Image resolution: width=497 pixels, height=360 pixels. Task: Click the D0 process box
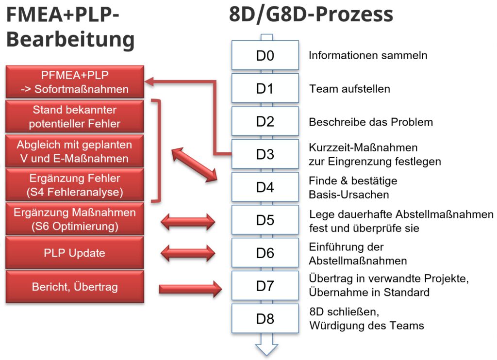tap(265, 55)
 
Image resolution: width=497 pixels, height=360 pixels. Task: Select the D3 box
tap(265, 154)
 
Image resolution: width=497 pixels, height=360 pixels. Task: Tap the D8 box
tap(265, 319)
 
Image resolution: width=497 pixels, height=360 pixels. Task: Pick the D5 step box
tap(265, 220)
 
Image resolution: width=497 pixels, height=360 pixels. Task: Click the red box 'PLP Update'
tap(75, 253)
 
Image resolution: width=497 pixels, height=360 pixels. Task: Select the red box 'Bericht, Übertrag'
tap(75, 287)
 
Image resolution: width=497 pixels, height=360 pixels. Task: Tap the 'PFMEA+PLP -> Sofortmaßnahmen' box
tap(75, 82)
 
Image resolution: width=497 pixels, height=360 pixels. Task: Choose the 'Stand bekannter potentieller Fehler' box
tap(75, 116)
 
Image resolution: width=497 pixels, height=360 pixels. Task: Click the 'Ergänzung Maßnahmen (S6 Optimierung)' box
tap(75, 219)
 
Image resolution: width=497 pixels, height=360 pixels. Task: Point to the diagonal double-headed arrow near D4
tap(194, 165)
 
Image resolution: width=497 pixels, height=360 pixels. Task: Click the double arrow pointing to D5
tap(187, 221)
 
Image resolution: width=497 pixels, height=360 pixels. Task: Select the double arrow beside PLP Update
tap(187, 253)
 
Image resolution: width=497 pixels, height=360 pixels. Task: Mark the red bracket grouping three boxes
tap(157, 150)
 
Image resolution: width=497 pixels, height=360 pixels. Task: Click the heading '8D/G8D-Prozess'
tap(311, 15)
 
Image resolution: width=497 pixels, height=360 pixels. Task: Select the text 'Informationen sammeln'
tap(368, 55)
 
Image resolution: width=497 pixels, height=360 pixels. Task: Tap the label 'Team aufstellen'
tap(349, 89)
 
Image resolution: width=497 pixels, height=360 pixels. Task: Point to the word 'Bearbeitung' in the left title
tap(70, 39)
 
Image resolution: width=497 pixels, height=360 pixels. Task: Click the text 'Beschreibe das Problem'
tap(371, 122)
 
